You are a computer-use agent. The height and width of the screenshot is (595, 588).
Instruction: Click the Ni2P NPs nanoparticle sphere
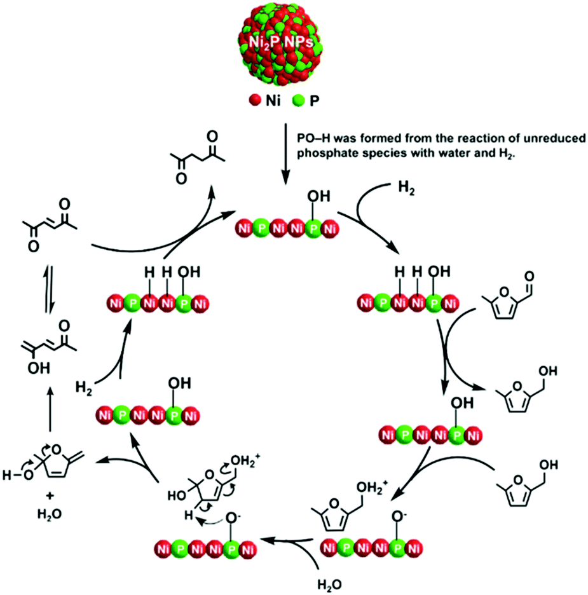point(285,45)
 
